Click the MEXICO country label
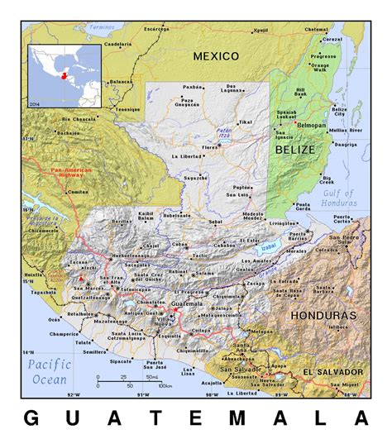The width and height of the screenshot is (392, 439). (216, 56)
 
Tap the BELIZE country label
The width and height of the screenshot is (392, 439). (295, 150)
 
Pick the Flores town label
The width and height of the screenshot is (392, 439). (211, 148)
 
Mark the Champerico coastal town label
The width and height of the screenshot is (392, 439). (64, 334)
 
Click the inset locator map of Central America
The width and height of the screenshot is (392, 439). (65, 75)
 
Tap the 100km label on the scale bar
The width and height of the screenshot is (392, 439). (165, 386)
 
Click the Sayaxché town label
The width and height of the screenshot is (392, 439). (195, 177)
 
